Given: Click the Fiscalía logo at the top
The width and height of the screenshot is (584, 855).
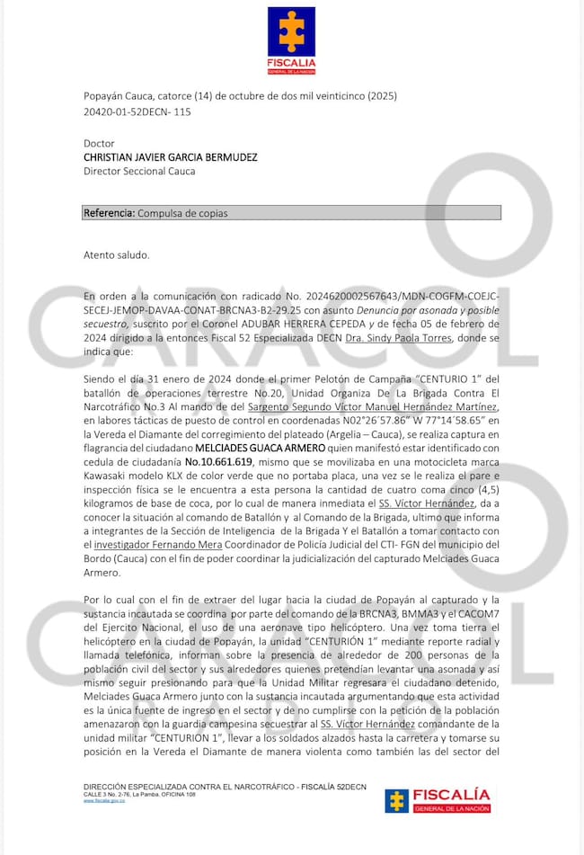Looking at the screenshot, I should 292,40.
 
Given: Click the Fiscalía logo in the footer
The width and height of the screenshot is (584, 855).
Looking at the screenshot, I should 438,800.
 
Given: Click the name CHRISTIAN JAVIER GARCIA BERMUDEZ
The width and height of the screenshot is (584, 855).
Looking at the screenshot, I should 170,156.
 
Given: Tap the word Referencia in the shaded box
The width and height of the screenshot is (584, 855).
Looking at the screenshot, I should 108,213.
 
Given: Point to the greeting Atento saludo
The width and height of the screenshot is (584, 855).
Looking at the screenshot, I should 116,254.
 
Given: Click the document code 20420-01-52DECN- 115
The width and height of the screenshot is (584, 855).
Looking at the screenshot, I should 137,111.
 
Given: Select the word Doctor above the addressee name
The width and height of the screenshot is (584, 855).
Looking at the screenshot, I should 99,143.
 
